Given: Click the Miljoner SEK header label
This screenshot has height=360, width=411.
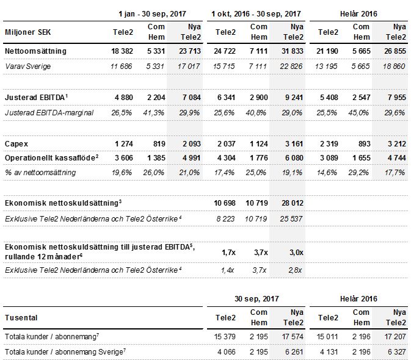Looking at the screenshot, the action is (x=27, y=32).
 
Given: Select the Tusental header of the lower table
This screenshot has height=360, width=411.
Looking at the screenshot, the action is (x=21, y=318).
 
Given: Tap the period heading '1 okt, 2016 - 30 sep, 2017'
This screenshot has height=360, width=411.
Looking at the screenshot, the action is (x=256, y=14).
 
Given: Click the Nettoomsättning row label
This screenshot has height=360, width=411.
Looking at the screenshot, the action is (x=35, y=51).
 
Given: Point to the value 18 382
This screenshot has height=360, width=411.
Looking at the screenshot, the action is (x=122, y=51).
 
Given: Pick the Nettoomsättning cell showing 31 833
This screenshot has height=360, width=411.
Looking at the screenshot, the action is (x=293, y=51).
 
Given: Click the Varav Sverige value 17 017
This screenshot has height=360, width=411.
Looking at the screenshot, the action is (x=189, y=67).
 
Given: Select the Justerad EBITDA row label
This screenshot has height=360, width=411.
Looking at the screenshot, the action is (x=36, y=98).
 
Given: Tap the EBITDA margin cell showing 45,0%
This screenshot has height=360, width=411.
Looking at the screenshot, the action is (x=358, y=113).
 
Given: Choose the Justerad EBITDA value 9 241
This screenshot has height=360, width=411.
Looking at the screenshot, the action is (x=294, y=98).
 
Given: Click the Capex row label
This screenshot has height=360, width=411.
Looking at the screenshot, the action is (x=16, y=144).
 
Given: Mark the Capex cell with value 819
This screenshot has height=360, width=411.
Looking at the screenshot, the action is (x=159, y=144).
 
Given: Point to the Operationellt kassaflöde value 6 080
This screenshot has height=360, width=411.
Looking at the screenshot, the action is (x=294, y=158).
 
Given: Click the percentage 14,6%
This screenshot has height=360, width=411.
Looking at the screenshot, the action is (x=327, y=173).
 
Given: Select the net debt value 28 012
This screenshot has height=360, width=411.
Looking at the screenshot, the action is (x=293, y=203).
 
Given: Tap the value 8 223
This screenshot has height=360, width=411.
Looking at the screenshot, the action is (x=225, y=219).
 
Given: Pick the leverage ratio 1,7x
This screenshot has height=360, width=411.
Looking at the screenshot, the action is (x=228, y=253).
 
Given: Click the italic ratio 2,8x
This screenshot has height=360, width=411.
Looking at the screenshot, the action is (x=295, y=270).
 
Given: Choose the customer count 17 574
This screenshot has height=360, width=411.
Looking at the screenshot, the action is (x=293, y=337).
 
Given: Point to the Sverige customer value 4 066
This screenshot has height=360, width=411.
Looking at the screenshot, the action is (x=227, y=352).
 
